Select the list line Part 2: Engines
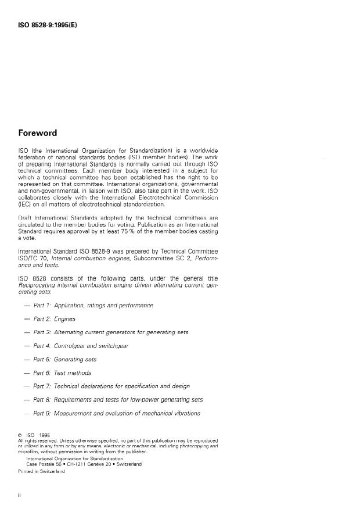[56, 319]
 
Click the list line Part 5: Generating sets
[64, 359]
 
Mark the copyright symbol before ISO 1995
[21, 434]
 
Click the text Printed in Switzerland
[42, 471]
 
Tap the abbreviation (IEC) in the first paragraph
[25, 203]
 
